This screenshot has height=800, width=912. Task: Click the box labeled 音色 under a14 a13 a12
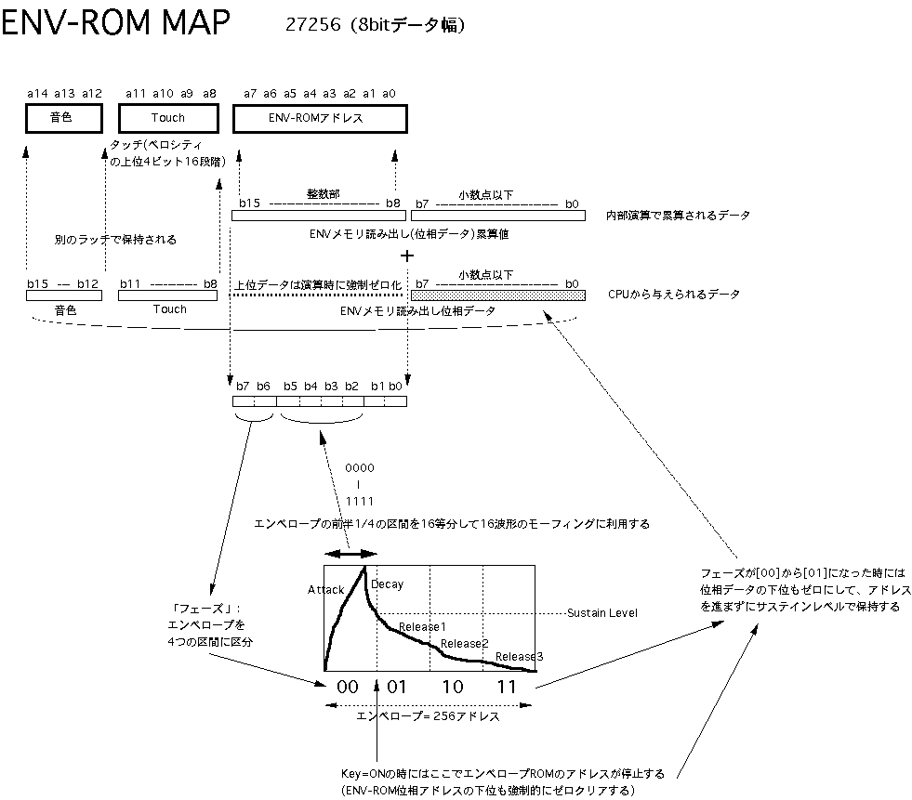coord(61,118)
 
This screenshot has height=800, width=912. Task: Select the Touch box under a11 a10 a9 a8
coord(168,118)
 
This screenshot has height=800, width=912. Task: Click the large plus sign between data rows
coord(405,255)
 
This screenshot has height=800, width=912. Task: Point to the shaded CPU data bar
coord(497,295)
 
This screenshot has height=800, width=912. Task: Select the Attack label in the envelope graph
coord(325,590)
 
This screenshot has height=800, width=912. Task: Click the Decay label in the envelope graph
coord(387,584)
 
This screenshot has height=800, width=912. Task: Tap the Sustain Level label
coord(603,614)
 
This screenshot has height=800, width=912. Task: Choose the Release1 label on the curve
coord(422,628)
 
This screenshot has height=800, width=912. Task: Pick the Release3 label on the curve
coord(519,657)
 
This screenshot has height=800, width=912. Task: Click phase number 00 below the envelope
coord(347,688)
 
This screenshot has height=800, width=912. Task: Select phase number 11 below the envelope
coord(507,688)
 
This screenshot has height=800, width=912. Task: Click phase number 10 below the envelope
coord(452,688)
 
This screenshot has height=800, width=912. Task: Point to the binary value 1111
coord(360,501)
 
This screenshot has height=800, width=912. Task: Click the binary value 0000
coord(360,469)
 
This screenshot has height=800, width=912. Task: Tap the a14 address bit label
coord(37,93)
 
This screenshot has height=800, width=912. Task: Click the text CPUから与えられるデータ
coord(674,295)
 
